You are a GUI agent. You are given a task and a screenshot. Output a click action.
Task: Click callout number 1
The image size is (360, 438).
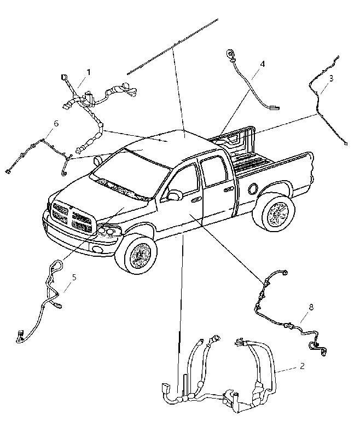[x=89, y=72]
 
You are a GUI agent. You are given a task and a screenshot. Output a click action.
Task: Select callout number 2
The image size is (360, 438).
[x=302, y=366]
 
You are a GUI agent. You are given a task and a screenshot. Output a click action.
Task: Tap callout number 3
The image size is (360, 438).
[x=331, y=78]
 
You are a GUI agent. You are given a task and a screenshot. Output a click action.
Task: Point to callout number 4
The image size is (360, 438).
[x=262, y=64]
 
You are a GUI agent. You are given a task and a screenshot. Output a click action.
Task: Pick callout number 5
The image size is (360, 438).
[x=74, y=277]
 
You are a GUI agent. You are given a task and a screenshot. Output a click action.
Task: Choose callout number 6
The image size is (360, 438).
[x=56, y=123]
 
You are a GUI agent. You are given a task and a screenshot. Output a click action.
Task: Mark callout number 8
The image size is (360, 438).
[x=311, y=307]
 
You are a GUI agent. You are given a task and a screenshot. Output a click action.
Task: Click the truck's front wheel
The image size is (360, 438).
[x=136, y=253]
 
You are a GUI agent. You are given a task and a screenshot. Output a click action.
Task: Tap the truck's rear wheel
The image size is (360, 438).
[x=274, y=213]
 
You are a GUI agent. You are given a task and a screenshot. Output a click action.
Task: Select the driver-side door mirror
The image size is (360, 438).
[x=173, y=195]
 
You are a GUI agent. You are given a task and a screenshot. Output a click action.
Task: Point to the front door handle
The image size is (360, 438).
[x=196, y=199]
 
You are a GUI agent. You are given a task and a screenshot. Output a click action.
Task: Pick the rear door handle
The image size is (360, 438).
[x=229, y=189]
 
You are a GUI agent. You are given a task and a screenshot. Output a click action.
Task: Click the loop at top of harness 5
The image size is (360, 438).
[x=57, y=264]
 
